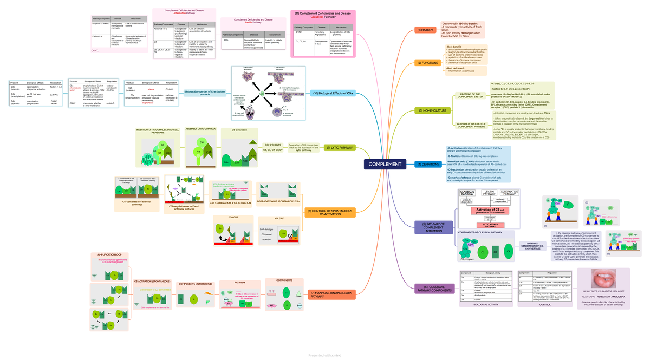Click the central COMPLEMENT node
tap(385, 165)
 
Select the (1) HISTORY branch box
tap(425, 30)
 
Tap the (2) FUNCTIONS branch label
tap(427, 63)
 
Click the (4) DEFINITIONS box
tap(428, 164)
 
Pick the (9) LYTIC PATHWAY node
tap(339, 147)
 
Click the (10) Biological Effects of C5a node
tap(333, 94)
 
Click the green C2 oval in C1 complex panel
tap(481, 252)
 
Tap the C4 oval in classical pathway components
tap(508, 251)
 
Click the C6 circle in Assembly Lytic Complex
tap(201, 142)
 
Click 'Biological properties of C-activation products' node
tap(205, 93)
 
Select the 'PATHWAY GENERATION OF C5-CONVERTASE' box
tap(532, 246)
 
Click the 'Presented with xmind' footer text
tap(325, 355)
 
